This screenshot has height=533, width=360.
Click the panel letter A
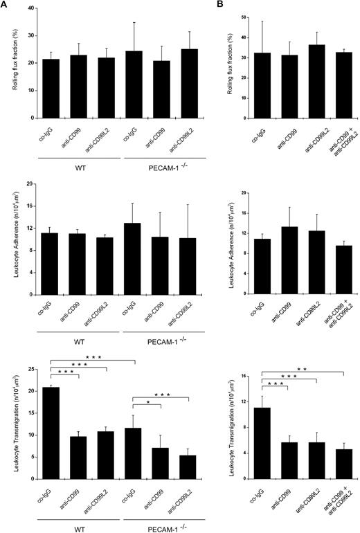point(5,5)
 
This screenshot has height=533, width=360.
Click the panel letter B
point(241,5)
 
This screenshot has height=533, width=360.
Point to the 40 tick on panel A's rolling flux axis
point(42,8)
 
